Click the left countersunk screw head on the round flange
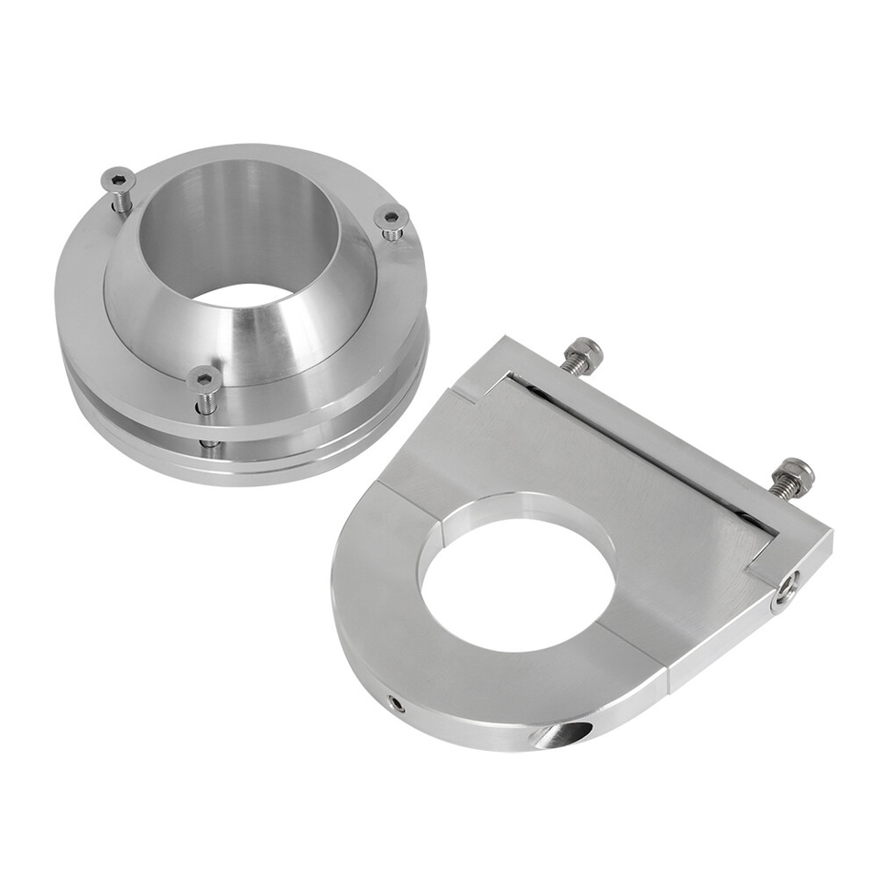click(x=118, y=178)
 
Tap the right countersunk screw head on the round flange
click(x=391, y=217)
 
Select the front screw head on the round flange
click(x=203, y=377)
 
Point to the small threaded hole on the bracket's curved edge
click(x=396, y=703)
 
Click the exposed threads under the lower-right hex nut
click(x=776, y=487)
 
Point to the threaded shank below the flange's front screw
click(x=209, y=403)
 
